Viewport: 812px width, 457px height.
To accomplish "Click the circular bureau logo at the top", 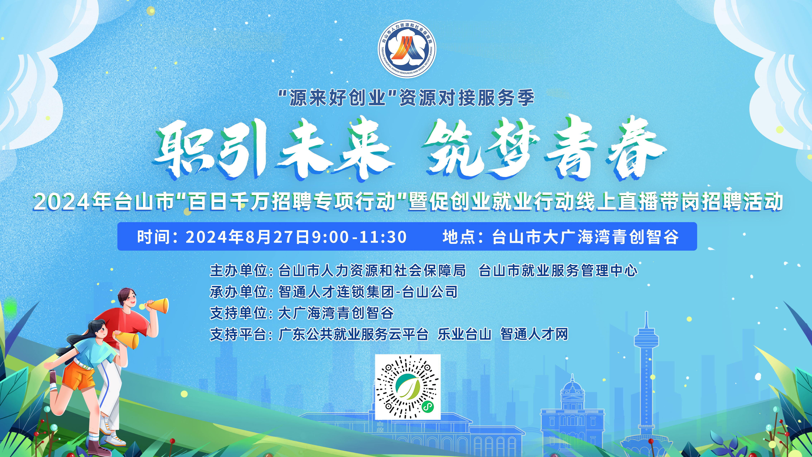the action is pos(407,49).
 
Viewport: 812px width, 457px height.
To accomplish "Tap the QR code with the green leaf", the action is pos(408,387).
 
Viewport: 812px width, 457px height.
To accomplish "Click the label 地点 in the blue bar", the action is pos(459,237).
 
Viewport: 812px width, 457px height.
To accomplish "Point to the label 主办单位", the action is pos(239,271).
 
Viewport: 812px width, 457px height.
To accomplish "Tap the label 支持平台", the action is pos(239,334).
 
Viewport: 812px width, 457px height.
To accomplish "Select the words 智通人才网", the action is pos(534,334).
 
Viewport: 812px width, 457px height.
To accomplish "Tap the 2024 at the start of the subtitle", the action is pos(61,202).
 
